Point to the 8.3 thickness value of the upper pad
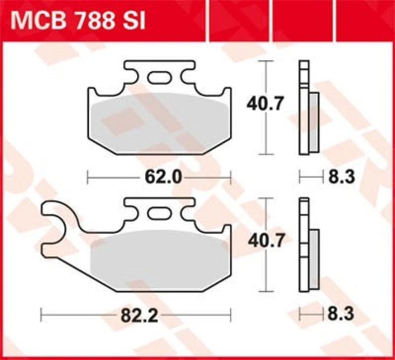[341, 177]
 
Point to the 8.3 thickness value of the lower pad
[341, 314]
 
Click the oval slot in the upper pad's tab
[158, 77]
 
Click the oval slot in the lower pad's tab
[158, 214]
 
